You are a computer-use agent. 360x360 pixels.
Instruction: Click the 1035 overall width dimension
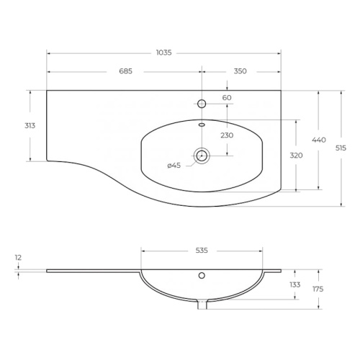(164, 53)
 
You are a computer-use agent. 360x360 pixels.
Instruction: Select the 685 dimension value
(126, 71)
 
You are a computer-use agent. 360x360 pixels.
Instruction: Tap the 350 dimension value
(240, 71)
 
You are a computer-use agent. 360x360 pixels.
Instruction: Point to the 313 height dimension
(30, 125)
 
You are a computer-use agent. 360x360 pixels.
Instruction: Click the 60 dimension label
(227, 98)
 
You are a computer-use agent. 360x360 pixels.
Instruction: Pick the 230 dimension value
(227, 135)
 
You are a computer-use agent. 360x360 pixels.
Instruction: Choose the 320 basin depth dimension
(296, 156)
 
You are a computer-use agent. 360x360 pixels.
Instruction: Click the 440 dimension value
(319, 140)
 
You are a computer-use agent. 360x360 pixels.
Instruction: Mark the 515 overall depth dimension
(341, 148)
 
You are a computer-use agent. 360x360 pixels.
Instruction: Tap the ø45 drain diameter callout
(174, 166)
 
